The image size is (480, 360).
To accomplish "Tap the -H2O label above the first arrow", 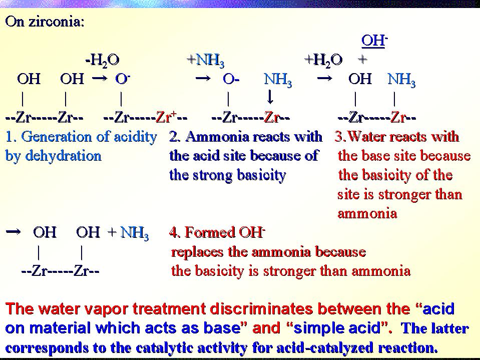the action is pos(102,60).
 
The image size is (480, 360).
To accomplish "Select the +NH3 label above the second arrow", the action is pos(206,60).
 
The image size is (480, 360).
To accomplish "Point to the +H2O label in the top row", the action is pos(323,60).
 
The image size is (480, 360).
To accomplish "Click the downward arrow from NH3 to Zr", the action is pos(270,98).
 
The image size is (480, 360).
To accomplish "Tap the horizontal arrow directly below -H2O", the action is pos(100,79).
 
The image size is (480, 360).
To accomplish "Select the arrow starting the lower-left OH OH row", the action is pos(13,232).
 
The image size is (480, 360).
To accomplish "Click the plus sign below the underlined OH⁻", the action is pos(362,60).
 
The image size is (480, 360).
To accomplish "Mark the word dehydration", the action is pos(63,156).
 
